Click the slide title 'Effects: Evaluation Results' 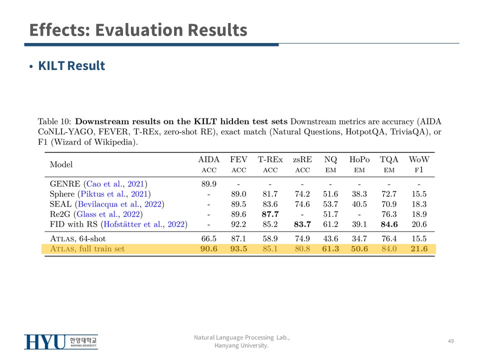[138, 30]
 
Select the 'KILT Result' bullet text [71, 66]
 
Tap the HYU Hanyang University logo [61, 342]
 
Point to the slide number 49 [450, 341]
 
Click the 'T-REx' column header [270, 160]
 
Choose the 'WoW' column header [419, 160]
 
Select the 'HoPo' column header [359, 160]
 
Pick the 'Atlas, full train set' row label [87, 248]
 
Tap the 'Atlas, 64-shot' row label [77, 238]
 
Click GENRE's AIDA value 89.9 [208, 183]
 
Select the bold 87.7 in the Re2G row [270, 214]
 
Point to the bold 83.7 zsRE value [302, 224]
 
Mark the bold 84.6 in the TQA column [389, 224]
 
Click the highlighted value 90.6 [209, 248]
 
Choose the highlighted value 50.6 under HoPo [359, 248]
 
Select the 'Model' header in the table [61, 164]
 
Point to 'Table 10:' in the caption [54, 121]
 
